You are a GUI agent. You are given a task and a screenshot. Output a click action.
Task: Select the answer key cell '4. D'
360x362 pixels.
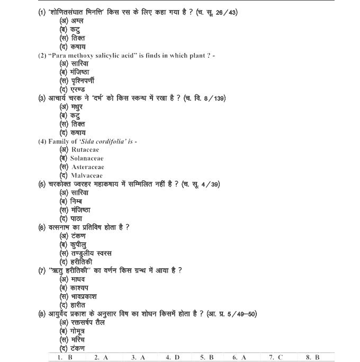point(173,357)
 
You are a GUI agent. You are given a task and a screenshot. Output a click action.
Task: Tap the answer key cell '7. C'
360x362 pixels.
point(276,357)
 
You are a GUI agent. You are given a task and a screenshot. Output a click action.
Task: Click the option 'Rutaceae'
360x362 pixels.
point(85,149)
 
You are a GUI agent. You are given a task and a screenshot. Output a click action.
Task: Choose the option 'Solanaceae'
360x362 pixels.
point(87,158)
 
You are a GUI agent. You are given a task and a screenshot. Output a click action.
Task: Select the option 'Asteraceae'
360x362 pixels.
point(87,167)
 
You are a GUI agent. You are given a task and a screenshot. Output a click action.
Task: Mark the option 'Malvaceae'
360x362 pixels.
point(87,175)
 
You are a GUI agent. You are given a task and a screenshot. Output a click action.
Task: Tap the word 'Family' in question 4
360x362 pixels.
point(59,141)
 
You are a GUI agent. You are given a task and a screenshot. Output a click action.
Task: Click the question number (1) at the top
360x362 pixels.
point(42,12)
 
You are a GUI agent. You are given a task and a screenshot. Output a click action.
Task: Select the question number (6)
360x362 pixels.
point(42,227)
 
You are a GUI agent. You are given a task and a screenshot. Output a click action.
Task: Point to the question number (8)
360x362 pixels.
point(42,313)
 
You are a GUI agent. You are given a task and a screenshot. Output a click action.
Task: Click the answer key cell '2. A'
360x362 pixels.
point(101,357)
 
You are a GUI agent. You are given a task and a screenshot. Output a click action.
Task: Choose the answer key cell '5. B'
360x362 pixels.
point(206,357)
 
